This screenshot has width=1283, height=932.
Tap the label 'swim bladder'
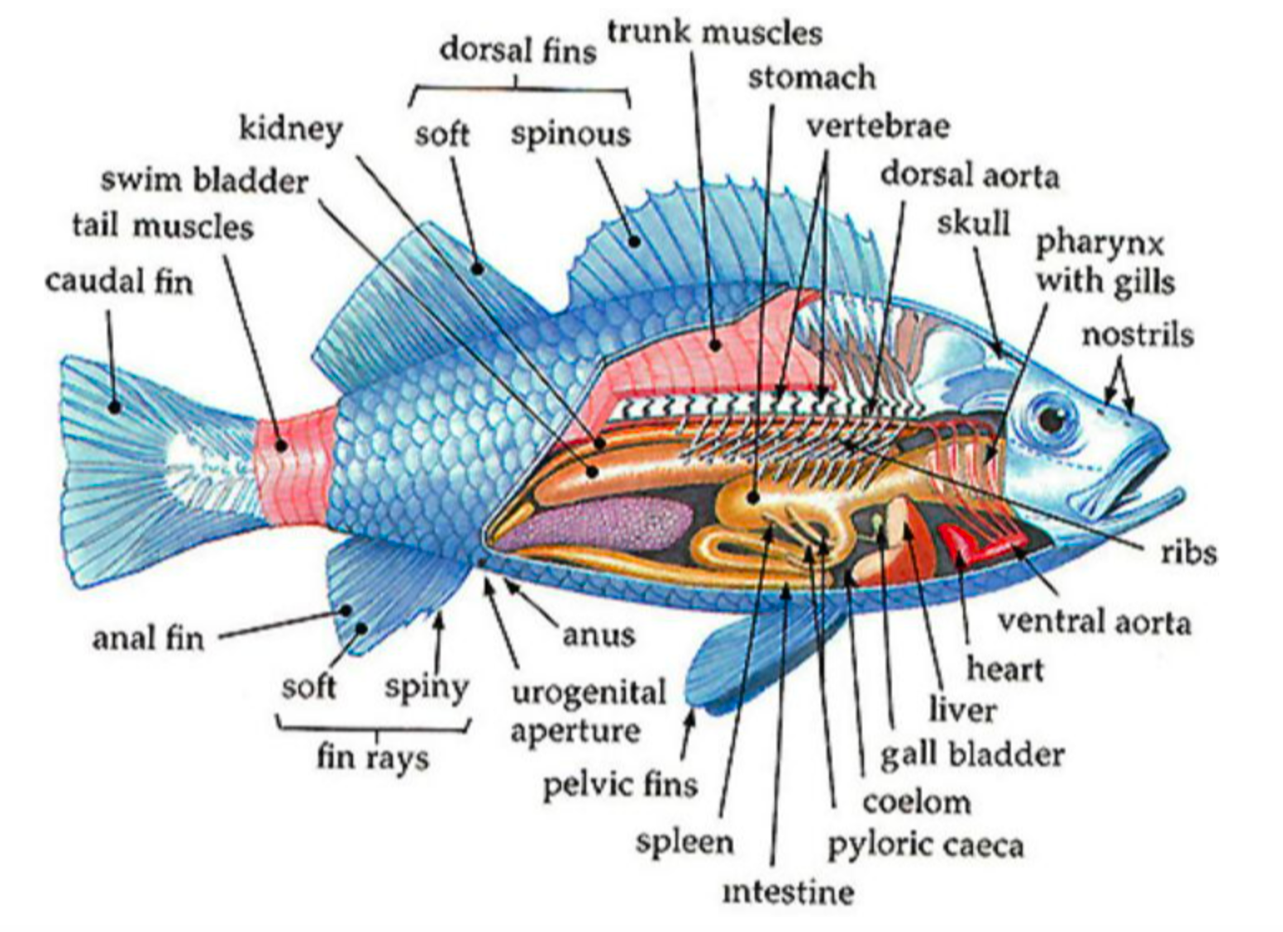point(204,181)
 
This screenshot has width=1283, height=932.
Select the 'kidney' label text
point(291,131)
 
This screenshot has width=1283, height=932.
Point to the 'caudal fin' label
point(120,282)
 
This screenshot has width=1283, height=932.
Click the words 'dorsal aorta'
point(970,175)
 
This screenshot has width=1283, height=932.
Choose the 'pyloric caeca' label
point(926,846)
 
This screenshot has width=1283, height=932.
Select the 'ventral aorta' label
point(1095,621)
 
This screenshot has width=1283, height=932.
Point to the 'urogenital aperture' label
point(589,711)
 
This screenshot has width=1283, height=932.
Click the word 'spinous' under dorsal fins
point(570,136)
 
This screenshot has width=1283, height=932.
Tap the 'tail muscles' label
point(163,226)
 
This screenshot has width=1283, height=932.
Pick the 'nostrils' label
point(1137,335)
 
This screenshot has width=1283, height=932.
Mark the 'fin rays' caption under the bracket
point(373,758)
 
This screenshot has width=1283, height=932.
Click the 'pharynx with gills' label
point(1105,264)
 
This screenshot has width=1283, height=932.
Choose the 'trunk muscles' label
point(715,32)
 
